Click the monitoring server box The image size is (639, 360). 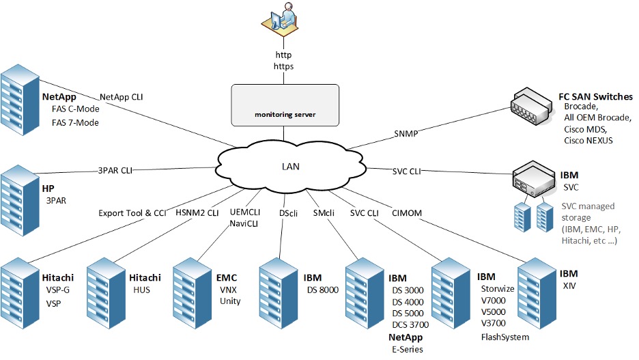click(285, 105)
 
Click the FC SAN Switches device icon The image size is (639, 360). click(530, 106)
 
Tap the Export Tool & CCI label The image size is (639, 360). click(132, 213)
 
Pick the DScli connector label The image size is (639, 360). click(288, 213)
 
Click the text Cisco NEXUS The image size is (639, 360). click(588, 141)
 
